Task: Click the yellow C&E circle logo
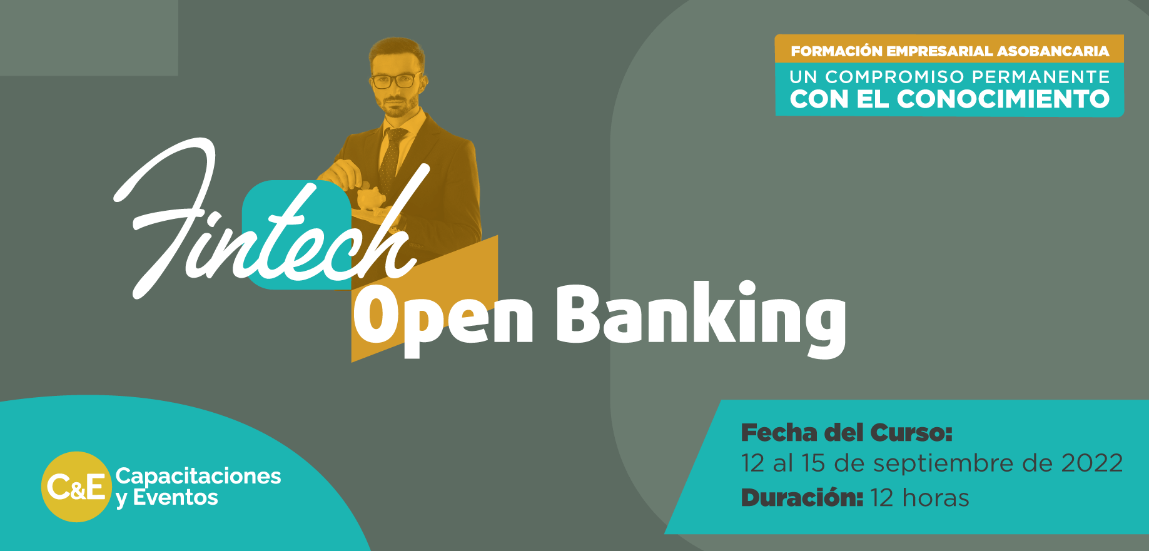click(76, 487)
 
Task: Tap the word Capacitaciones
click(198, 476)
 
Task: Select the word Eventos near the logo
click(175, 498)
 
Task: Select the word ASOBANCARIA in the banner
click(1053, 51)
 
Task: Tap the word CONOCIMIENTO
click(1003, 99)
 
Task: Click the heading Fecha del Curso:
click(846, 433)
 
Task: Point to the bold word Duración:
click(802, 498)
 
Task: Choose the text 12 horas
click(919, 498)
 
